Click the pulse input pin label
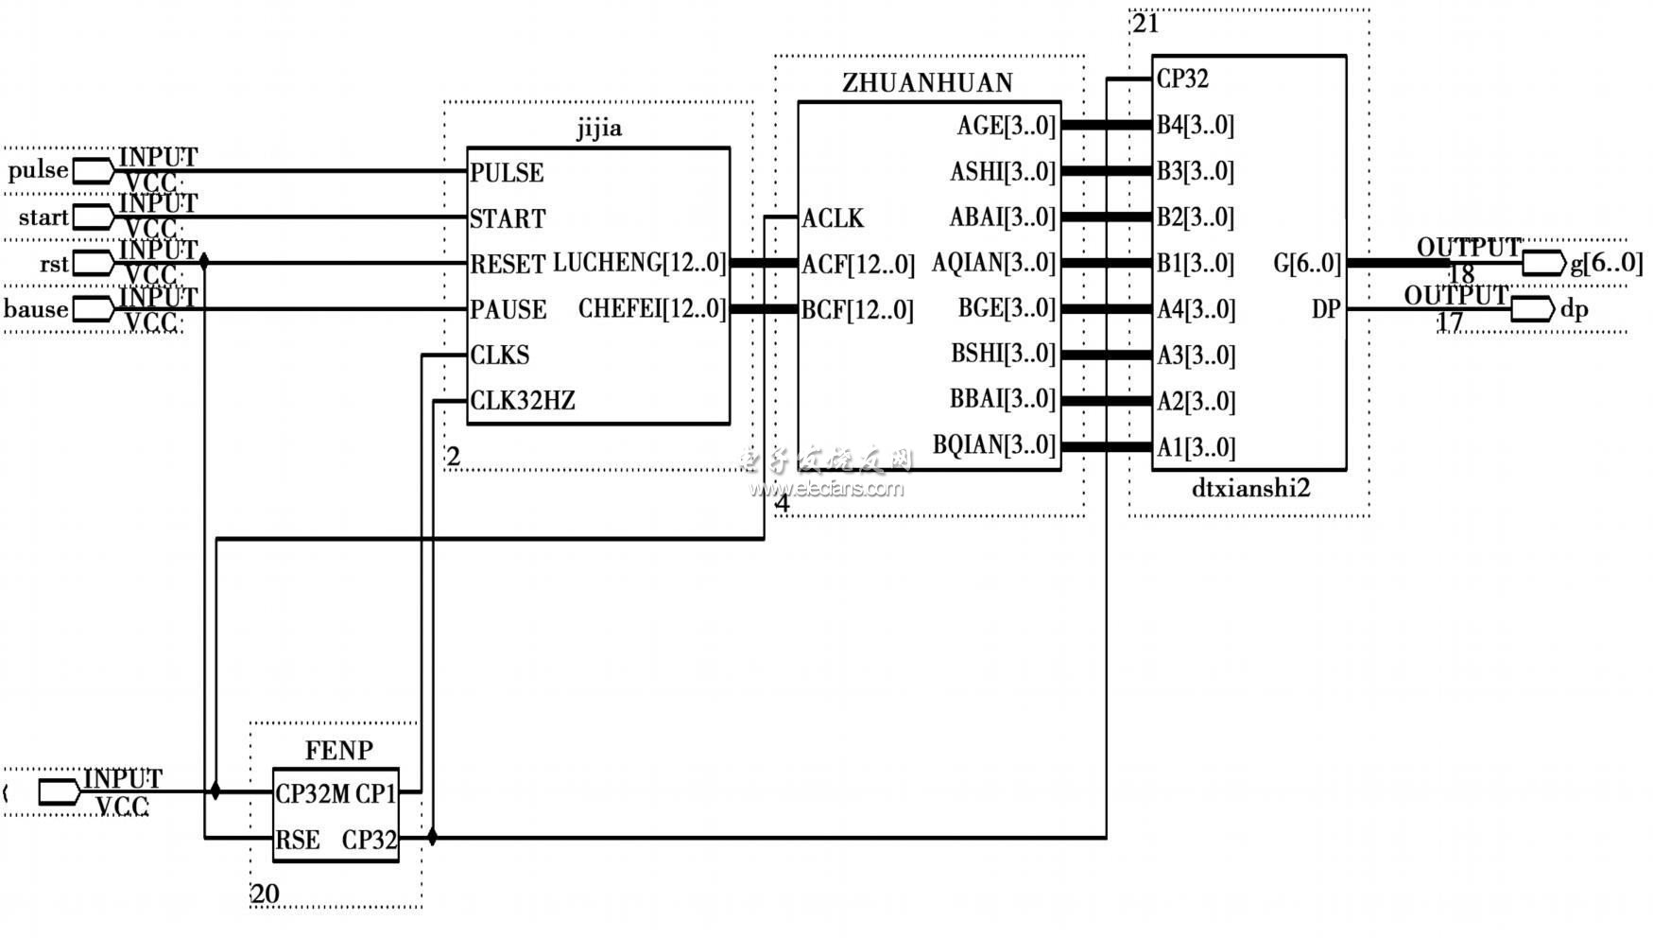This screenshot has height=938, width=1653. [x=38, y=171]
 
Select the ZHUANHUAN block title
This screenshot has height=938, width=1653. [x=927, y=83]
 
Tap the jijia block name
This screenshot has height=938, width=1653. [x=599, y=129]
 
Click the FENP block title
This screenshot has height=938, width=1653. [x=338, y=751]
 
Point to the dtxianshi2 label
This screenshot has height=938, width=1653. [x=1250, y=489]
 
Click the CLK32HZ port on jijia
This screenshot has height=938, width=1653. [x=523, y=401]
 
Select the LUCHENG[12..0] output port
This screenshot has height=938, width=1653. [x=639, y=263]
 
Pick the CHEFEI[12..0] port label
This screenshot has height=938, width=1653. [x=652, y=309]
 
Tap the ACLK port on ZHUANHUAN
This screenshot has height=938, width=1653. [x=833, y=218]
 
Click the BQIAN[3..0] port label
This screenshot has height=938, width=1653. [x=993, y=445]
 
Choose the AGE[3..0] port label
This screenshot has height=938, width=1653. [x=1006, y=126]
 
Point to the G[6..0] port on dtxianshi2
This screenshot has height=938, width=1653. [x=1306, y=264]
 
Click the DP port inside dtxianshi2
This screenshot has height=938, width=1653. [x=1325, y=309]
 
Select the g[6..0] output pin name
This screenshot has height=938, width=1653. [x=1606, y=263]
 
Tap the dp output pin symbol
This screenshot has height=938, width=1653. [x=1532, y=309]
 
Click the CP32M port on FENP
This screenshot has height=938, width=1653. [x=312, y=794]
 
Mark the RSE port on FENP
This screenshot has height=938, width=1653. [x=298, y=840]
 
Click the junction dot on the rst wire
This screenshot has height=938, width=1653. [x=204, y=262]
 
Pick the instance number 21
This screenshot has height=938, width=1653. [x=1145, y=24]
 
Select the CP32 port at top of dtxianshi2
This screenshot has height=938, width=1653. [x=1182, y=79]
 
